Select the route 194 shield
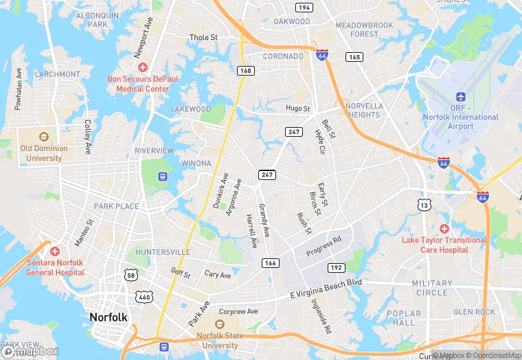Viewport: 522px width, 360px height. [x=304, y=8]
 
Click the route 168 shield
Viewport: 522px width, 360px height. [x=244, y=70]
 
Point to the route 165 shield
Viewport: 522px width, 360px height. [x=354, y=57]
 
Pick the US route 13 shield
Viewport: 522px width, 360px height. [x=424, y=205]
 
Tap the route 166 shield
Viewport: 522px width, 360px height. [x=270, y=263]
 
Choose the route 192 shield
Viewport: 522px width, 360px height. [x=336, y=268]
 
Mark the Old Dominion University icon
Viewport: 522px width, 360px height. [x=45, y=136]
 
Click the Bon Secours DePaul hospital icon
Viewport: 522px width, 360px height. [x=143, y=67]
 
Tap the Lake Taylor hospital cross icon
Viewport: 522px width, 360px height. [x=444, y=228]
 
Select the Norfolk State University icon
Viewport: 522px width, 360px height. [x=220, y=324]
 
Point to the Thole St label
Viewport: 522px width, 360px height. [x=203, y=37]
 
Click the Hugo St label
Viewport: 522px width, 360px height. [x=298, y=109]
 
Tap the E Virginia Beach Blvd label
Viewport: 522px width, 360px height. [x=326, y=284]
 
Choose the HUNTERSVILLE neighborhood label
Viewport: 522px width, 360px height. [x=163, y=252]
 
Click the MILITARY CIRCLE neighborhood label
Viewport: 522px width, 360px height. [x=432, y=288]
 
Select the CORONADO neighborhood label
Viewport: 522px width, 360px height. [x=283, y=56]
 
